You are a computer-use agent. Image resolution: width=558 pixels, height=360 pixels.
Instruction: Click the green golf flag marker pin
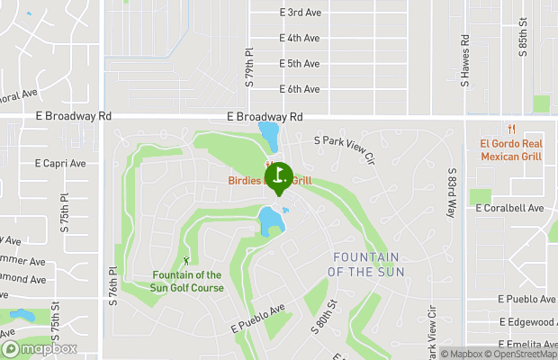click(x=278, y=175)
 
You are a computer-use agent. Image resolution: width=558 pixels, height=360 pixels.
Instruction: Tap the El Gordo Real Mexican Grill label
click(x=510, y=149)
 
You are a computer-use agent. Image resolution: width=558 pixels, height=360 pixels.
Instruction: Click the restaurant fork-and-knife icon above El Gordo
click(x=510, y=128)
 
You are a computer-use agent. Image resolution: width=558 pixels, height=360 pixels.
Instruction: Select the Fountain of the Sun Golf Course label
click(x=187, y=281)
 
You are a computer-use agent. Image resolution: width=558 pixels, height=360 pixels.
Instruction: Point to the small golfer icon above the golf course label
click(x=186, y=260)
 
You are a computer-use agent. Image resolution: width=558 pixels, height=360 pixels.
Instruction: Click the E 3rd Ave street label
click(x=300, y=13)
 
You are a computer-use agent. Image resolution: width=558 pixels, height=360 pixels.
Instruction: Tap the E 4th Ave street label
click(x=300, y=39)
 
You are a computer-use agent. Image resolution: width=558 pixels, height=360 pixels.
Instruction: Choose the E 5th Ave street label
click(x=300, y=64)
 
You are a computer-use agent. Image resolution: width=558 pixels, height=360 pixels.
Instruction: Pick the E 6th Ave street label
click(x=300, y=89)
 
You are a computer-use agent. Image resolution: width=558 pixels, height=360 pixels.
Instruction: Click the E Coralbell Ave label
click(x=511, y=208)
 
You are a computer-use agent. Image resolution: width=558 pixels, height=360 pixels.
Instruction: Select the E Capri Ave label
click(x=60, y=164)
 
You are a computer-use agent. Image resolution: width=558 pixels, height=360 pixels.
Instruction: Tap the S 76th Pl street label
click(x=113, y=285)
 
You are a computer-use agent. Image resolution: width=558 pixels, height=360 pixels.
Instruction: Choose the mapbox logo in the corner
click(x=40, y=348)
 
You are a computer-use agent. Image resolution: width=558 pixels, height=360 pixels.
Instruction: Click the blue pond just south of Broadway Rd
click(x=268, y=135)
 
